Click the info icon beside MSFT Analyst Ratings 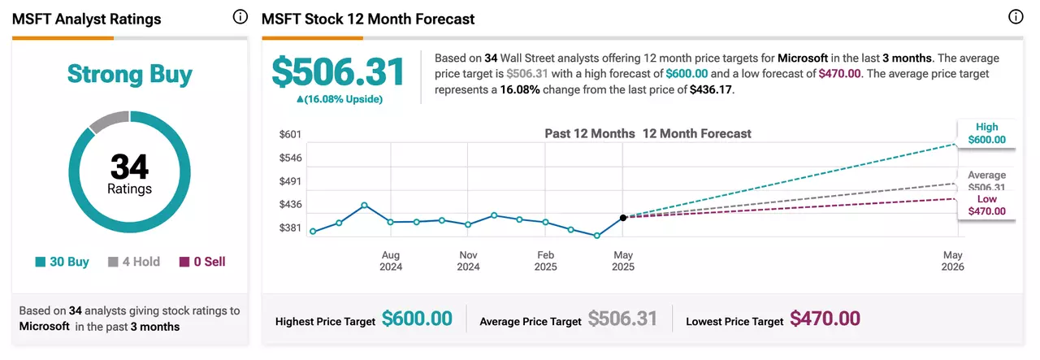point(240,17)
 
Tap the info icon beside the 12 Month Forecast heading point(1016,17)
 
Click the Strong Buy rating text point(129,74)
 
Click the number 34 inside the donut point(129,167)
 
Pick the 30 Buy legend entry point(63,262)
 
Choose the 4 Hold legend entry point(134,262)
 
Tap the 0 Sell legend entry point(202,262)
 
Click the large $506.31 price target point(339,72)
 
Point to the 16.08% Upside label point(340,99)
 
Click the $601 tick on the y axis point(290,134)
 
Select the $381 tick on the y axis point(290,228)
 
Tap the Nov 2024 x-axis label point(468,261)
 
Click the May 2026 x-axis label point(953,261)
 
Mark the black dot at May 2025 point(623,218)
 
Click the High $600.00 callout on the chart point(986,133)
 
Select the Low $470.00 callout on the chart point(986,206)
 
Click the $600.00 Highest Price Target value point(417,319)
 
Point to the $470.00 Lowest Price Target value point(825,319)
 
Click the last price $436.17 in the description point(710,89)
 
